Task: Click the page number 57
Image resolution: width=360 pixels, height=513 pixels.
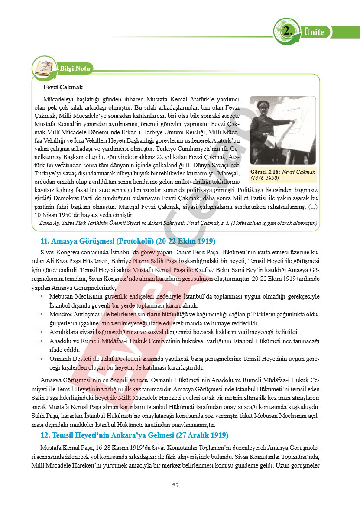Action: [x=175, y=485]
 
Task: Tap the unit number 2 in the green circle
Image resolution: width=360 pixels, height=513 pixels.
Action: [x=286, y=32]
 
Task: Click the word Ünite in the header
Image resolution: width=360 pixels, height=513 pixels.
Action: [x=314, y=32]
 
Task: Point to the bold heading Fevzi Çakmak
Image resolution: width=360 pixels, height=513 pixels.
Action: [x=66, y=87]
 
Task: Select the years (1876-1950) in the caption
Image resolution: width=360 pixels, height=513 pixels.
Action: [x=265, y=178]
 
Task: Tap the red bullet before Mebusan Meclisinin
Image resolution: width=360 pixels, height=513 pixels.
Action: [x=42, y=296]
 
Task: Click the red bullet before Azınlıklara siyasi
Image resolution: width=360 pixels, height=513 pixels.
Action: [x=42, y=332]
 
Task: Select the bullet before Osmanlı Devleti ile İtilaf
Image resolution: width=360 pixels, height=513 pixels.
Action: [x=42, y=359]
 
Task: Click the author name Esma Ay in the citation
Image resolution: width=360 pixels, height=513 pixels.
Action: [x=47, y=224]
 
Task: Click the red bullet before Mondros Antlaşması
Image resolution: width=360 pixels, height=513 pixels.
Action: [x=42, y=314]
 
